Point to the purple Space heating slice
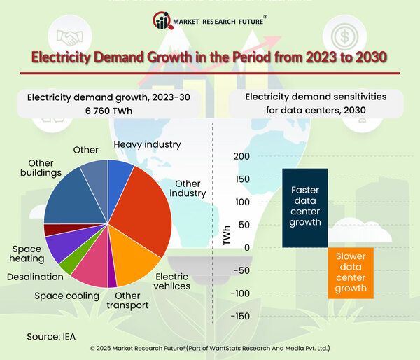[61, 246]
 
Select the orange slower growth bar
[351, 272]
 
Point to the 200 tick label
[241, 156]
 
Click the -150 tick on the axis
[238, 316]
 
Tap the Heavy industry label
[147, 144]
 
